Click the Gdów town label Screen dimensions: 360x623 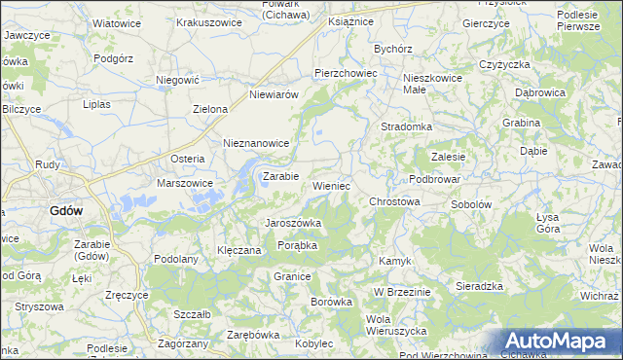point(66,210)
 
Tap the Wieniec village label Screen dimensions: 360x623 point(331,185)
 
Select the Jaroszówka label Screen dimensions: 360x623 point(294,223)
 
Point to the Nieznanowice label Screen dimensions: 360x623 point(257,143)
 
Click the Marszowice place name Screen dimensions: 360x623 point(184,182)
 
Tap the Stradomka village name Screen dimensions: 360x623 point(406,126)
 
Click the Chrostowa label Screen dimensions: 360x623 point(394,201)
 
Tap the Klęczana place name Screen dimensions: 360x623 point(239,250)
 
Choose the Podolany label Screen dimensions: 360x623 point(176,259)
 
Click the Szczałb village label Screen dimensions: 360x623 point(192,314)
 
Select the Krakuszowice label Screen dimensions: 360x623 point(208,21)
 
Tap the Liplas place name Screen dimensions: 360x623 point(98,103)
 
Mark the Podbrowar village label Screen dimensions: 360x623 point(433,179)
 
